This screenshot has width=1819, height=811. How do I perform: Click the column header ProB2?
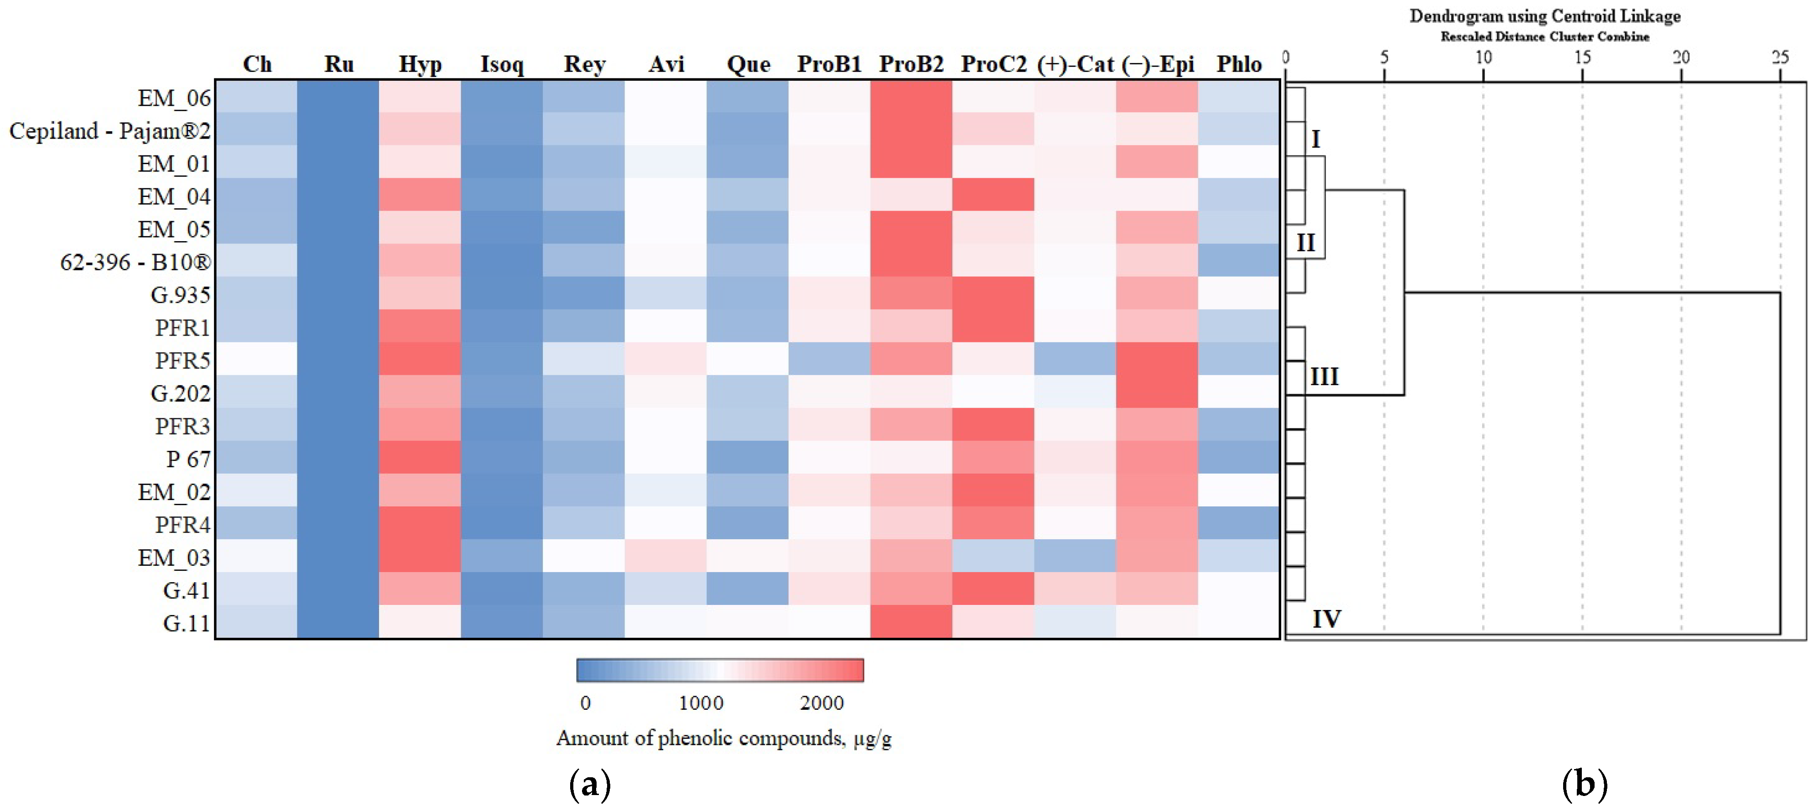click(911, 64)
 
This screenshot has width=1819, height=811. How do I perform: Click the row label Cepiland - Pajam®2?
click(109, 131)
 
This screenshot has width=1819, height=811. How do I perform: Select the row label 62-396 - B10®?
click(135, 263)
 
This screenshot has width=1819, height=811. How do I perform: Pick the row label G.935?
click(181, 295)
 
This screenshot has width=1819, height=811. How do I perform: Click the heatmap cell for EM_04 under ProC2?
click(993, 195)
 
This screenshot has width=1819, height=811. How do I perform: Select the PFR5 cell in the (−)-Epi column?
click(1157, 359)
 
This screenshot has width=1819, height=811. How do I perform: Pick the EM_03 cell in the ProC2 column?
click(993, 556)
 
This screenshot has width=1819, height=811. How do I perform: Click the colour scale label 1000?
click(701, 703)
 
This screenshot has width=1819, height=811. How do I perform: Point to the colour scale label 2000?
click(821, 703)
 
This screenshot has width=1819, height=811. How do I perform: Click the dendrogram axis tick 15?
click(1582, 57)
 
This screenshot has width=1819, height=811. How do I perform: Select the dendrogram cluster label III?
click(1324, 377)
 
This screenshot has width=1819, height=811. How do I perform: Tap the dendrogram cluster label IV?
click(1326, 619)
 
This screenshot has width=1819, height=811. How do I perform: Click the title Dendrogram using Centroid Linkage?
click(1545, 16)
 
